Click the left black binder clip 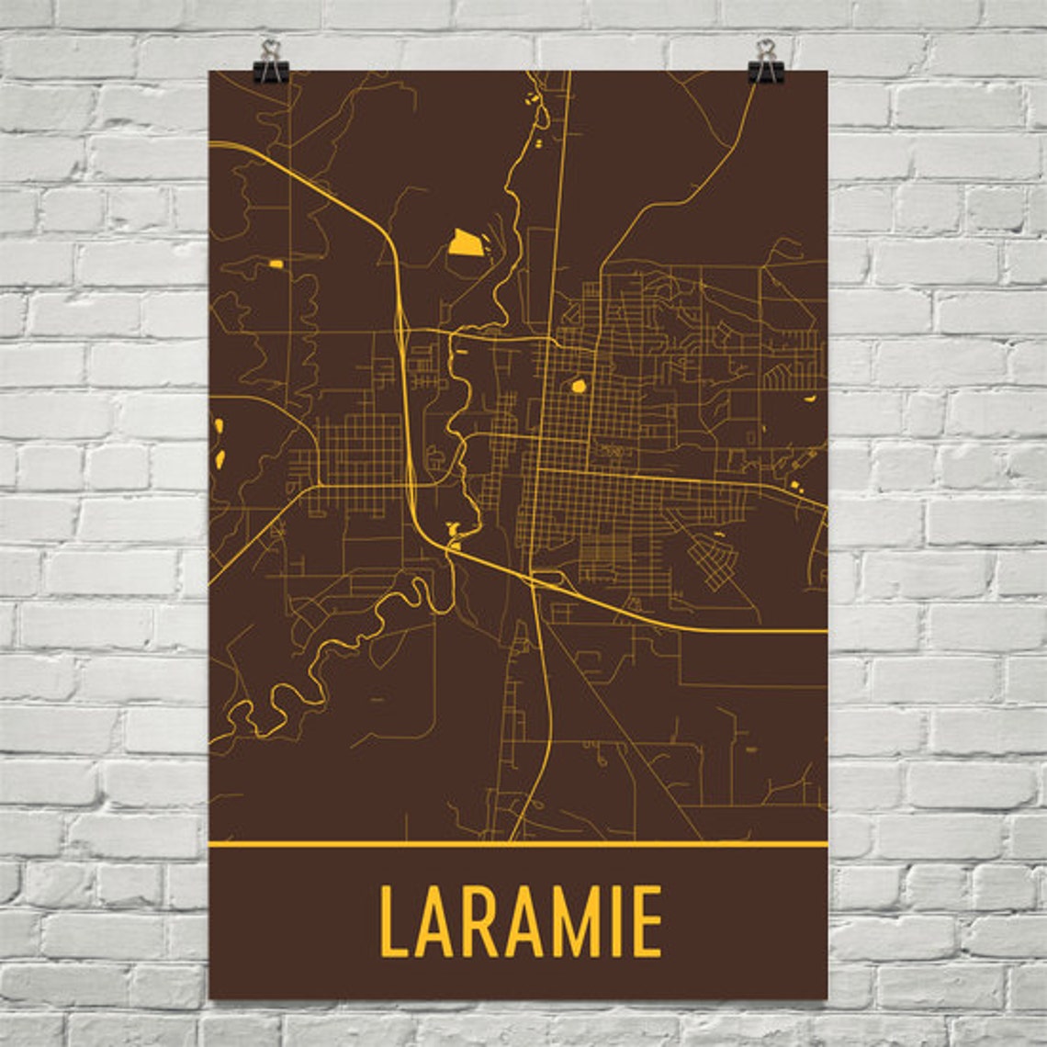pos(272,62)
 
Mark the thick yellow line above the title pos(518,843)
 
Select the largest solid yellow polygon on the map pos(464,242)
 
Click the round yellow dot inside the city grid pos(578,387)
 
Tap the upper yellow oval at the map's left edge pos(219,426)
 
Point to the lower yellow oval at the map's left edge pos(220,456)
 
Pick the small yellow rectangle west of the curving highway pos(276,265)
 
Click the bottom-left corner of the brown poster pos(211,998)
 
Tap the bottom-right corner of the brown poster pos(827,998)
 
